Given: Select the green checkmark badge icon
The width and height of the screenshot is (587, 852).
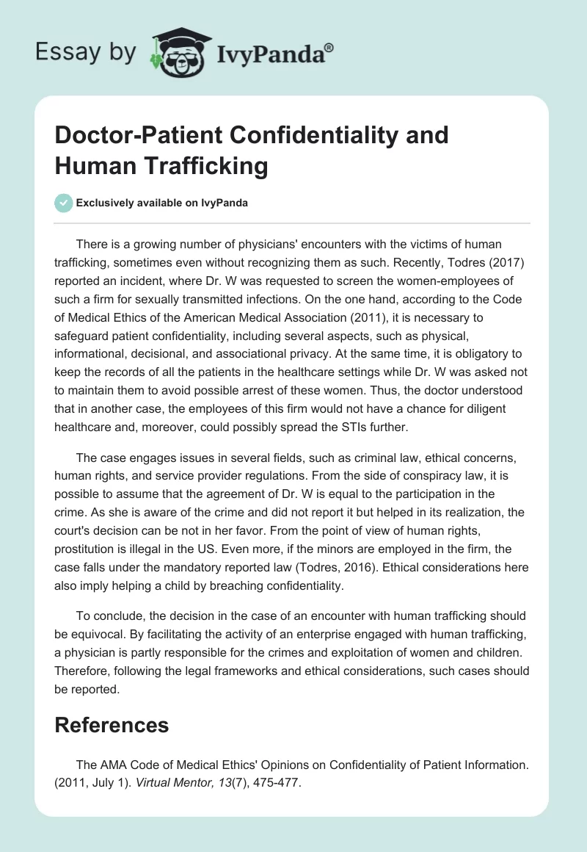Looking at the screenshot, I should click(65, 203).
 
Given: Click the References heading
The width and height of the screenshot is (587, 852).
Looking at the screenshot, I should click(112, 725).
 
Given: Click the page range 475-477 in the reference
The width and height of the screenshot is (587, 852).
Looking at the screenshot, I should click(278, 783).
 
